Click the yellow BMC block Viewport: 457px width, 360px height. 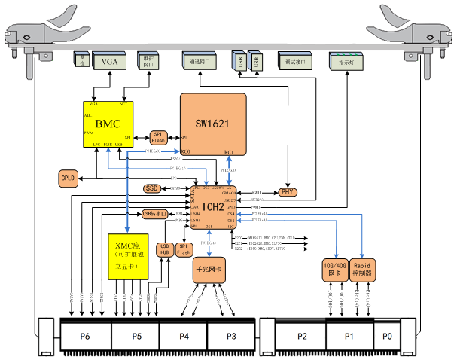pyautogui.click(x=108, y=123)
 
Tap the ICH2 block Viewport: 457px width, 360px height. pyautogui.click(x=214, y=206)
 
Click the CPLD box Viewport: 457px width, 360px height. pyautogui.click(x=69, y=178)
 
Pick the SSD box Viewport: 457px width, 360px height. pyautogui.click(x=151, y=188)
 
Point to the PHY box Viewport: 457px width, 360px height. pyautogui.click(x=288, y=192)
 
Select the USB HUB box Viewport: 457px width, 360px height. pyautogui.click(x=165, y=249)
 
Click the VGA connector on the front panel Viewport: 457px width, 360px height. pyautogui.click(x=105, y=62)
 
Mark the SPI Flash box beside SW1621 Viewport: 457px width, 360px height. pyautogui.click(x=158, y=136)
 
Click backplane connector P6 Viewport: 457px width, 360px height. pyautogui.click(x=85, y=335)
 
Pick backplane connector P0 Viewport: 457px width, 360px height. pyautogui.click(x=387, y=335)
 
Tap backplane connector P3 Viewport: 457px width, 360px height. pyautogui.click(x=231, y=335)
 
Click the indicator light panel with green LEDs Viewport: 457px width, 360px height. pyautogui.click(x=347, y=62)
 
